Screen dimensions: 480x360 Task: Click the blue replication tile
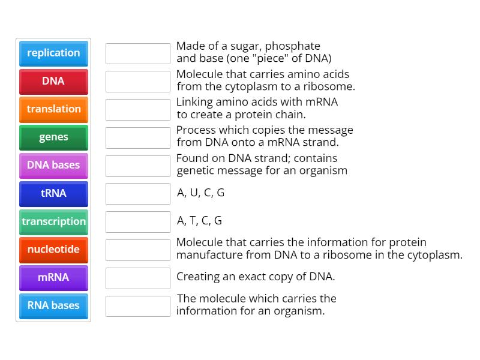point(53,53)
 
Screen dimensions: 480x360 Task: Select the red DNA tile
point(53,82)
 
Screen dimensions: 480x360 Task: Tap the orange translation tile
point(53,110)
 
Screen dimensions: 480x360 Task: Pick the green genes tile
point(53,138)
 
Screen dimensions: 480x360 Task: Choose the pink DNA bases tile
point(53,166)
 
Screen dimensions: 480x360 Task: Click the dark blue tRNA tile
point(53,194)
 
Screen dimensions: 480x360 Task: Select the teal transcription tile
point(53,222)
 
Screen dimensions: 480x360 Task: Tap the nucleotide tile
point(53,250)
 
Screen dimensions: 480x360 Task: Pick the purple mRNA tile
point(53,278)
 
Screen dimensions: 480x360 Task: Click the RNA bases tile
point(53,306)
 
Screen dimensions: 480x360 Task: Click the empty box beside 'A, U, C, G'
point(138,194)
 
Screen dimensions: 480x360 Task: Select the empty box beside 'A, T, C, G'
point(138,222)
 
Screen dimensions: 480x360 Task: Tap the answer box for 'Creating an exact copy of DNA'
point(138,278)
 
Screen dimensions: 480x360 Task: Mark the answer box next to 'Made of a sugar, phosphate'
point(138,53)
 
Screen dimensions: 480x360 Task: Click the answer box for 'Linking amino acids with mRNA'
point(138,110)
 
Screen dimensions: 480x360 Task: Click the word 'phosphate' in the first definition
point(292,47)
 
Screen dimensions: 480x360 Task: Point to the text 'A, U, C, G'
point(200,193)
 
